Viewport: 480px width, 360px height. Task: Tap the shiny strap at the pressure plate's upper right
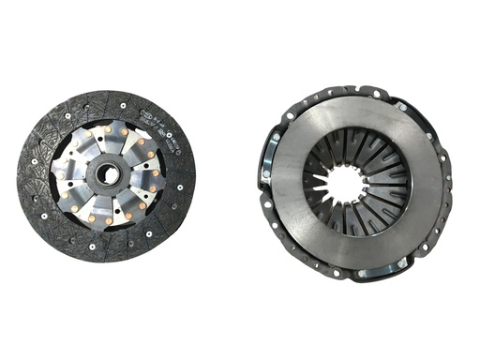point(412,112)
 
